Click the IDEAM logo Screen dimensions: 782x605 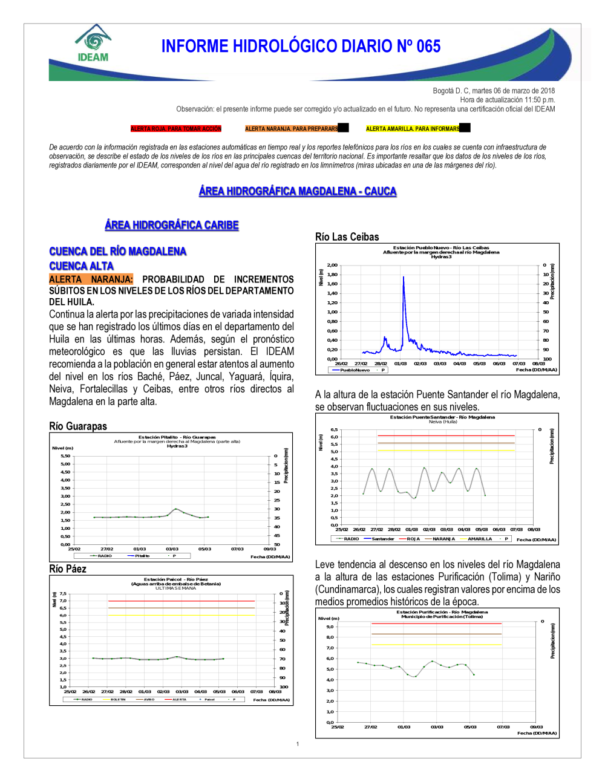coord(93,44)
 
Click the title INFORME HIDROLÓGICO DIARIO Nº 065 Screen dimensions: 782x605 coord(301,47)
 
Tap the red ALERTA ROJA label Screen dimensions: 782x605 coord(176,129)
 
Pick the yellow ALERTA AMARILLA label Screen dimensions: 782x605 coord(413,129)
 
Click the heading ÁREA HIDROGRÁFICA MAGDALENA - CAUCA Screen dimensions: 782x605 coord(298,191)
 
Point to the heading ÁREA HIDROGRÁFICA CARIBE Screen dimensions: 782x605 coord(172,225)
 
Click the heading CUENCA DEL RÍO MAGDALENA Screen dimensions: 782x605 coord(118,251)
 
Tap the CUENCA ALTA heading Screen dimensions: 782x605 coord(81,266)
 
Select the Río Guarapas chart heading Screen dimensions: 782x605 coord(78,426)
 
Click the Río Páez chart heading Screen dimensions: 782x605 coord(68,569)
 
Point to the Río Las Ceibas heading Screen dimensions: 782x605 coord(347,237)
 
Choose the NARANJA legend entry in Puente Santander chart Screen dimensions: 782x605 coord(443,539)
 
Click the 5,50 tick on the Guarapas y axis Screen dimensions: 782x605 coord(65,456)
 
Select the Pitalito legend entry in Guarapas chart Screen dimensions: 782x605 coord(142,556)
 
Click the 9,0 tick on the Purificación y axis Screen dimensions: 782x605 coord(330,627)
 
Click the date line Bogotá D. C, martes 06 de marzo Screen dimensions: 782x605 coord(494,91)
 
